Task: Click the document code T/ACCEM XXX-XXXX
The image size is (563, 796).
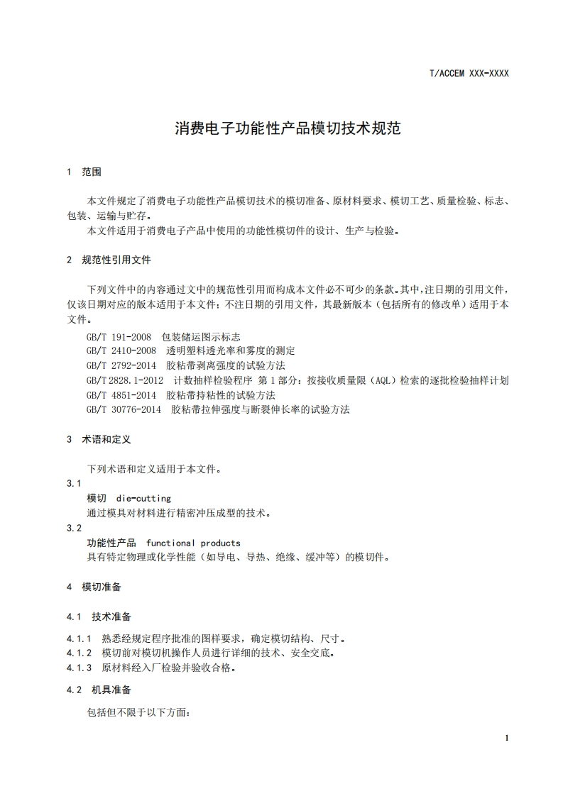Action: click(x=469, y=73)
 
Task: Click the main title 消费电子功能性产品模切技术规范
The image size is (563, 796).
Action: click(x=288, y=129)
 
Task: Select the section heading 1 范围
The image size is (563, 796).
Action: click(x=84, y=172)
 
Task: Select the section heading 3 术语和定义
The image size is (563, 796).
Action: click(x=99, y=439)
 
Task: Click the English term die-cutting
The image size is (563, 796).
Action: click(x=143, y=498)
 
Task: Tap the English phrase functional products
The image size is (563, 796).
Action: click(x=193, y=543)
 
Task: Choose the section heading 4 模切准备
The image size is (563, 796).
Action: click(x=94, y=587)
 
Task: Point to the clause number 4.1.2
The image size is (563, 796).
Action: click(x=80, y=653)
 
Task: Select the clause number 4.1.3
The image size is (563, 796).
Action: click(x=80, y=668)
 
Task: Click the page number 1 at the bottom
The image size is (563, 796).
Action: click(x=507, y=738)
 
